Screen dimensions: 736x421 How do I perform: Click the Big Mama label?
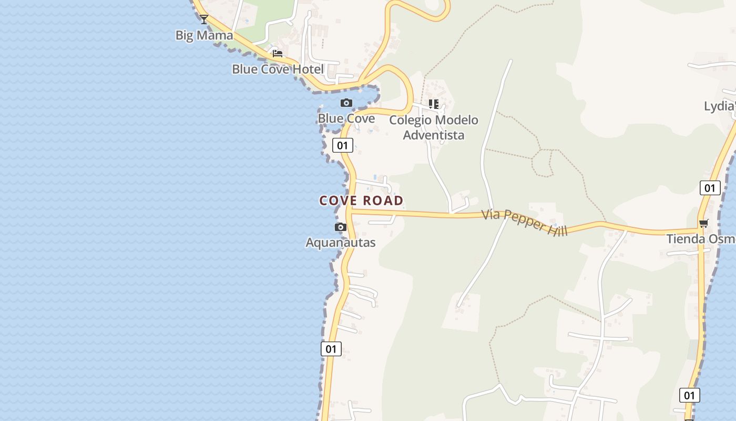(204, 35)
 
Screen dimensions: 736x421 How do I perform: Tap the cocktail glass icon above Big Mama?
(204, 19)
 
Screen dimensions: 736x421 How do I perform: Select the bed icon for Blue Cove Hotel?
(278, 53)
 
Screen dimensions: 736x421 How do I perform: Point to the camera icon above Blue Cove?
(346, 103)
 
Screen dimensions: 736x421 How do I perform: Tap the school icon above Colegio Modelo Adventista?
(433, 104)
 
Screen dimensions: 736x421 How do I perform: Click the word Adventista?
(434, 135)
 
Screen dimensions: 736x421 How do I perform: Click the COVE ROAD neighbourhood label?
(361, 201)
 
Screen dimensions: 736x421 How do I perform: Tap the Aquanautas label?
(341, 243)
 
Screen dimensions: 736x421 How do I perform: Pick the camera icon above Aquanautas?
(341, 227)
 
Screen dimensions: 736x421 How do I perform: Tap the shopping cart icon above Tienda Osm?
(704, 223)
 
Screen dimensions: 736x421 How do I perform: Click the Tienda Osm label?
(701, 239)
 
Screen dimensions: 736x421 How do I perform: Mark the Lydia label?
(719, 106)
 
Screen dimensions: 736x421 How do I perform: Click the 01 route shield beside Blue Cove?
(342, 145)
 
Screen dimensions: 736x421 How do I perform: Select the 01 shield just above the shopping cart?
(710, 188)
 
